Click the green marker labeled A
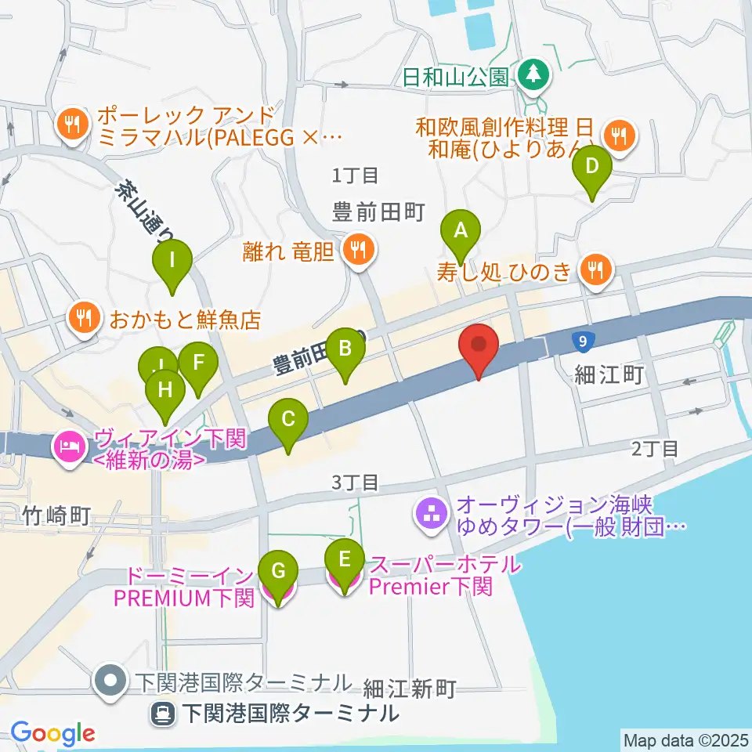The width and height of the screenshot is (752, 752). [461, 232]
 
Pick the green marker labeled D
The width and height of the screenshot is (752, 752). [592, 167]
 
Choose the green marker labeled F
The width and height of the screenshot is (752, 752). [197, 363]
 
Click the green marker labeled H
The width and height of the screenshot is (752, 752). [165, 389]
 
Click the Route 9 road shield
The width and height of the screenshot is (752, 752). [580, 341]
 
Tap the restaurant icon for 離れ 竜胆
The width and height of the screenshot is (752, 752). [360, 251]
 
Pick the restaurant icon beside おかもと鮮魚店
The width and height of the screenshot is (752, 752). [83, 317]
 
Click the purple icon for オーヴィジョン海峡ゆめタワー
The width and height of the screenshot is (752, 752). [430, 514]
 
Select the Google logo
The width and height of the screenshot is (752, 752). [52, 733]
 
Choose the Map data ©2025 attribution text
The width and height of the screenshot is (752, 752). [685, 739]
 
